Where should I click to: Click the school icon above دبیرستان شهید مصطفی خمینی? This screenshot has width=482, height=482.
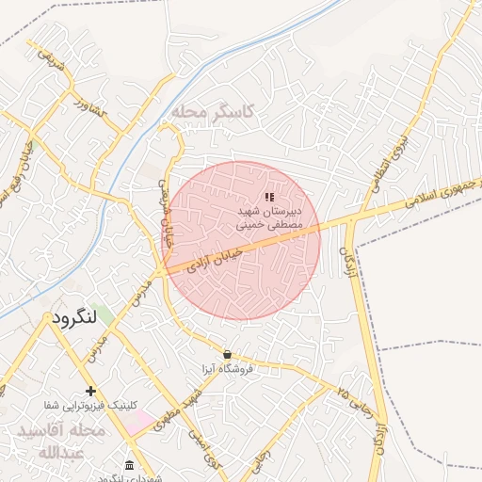point(269,198)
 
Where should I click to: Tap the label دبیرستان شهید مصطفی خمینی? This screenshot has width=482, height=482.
point(269,220)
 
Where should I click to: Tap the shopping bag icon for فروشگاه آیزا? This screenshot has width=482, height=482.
point(227,354)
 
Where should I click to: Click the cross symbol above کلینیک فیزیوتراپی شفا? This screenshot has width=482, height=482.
point(90,390)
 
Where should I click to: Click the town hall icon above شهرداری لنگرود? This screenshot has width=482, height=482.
point(129,466)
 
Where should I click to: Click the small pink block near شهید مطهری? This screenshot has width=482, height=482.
point(138,421)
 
